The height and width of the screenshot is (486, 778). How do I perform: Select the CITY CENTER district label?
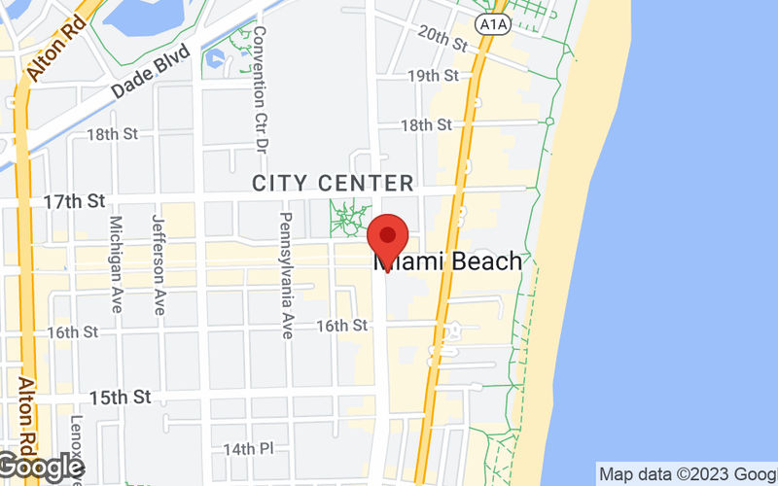pos(333,183)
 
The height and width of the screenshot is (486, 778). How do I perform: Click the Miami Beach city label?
pos(448,261)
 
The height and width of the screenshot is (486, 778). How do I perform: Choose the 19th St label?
pos(433,76)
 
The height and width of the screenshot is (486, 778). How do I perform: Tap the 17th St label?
pos(74,202)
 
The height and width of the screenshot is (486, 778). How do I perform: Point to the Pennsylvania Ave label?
pos(287,275)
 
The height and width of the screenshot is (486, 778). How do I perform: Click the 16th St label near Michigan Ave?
pos(73,332)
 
